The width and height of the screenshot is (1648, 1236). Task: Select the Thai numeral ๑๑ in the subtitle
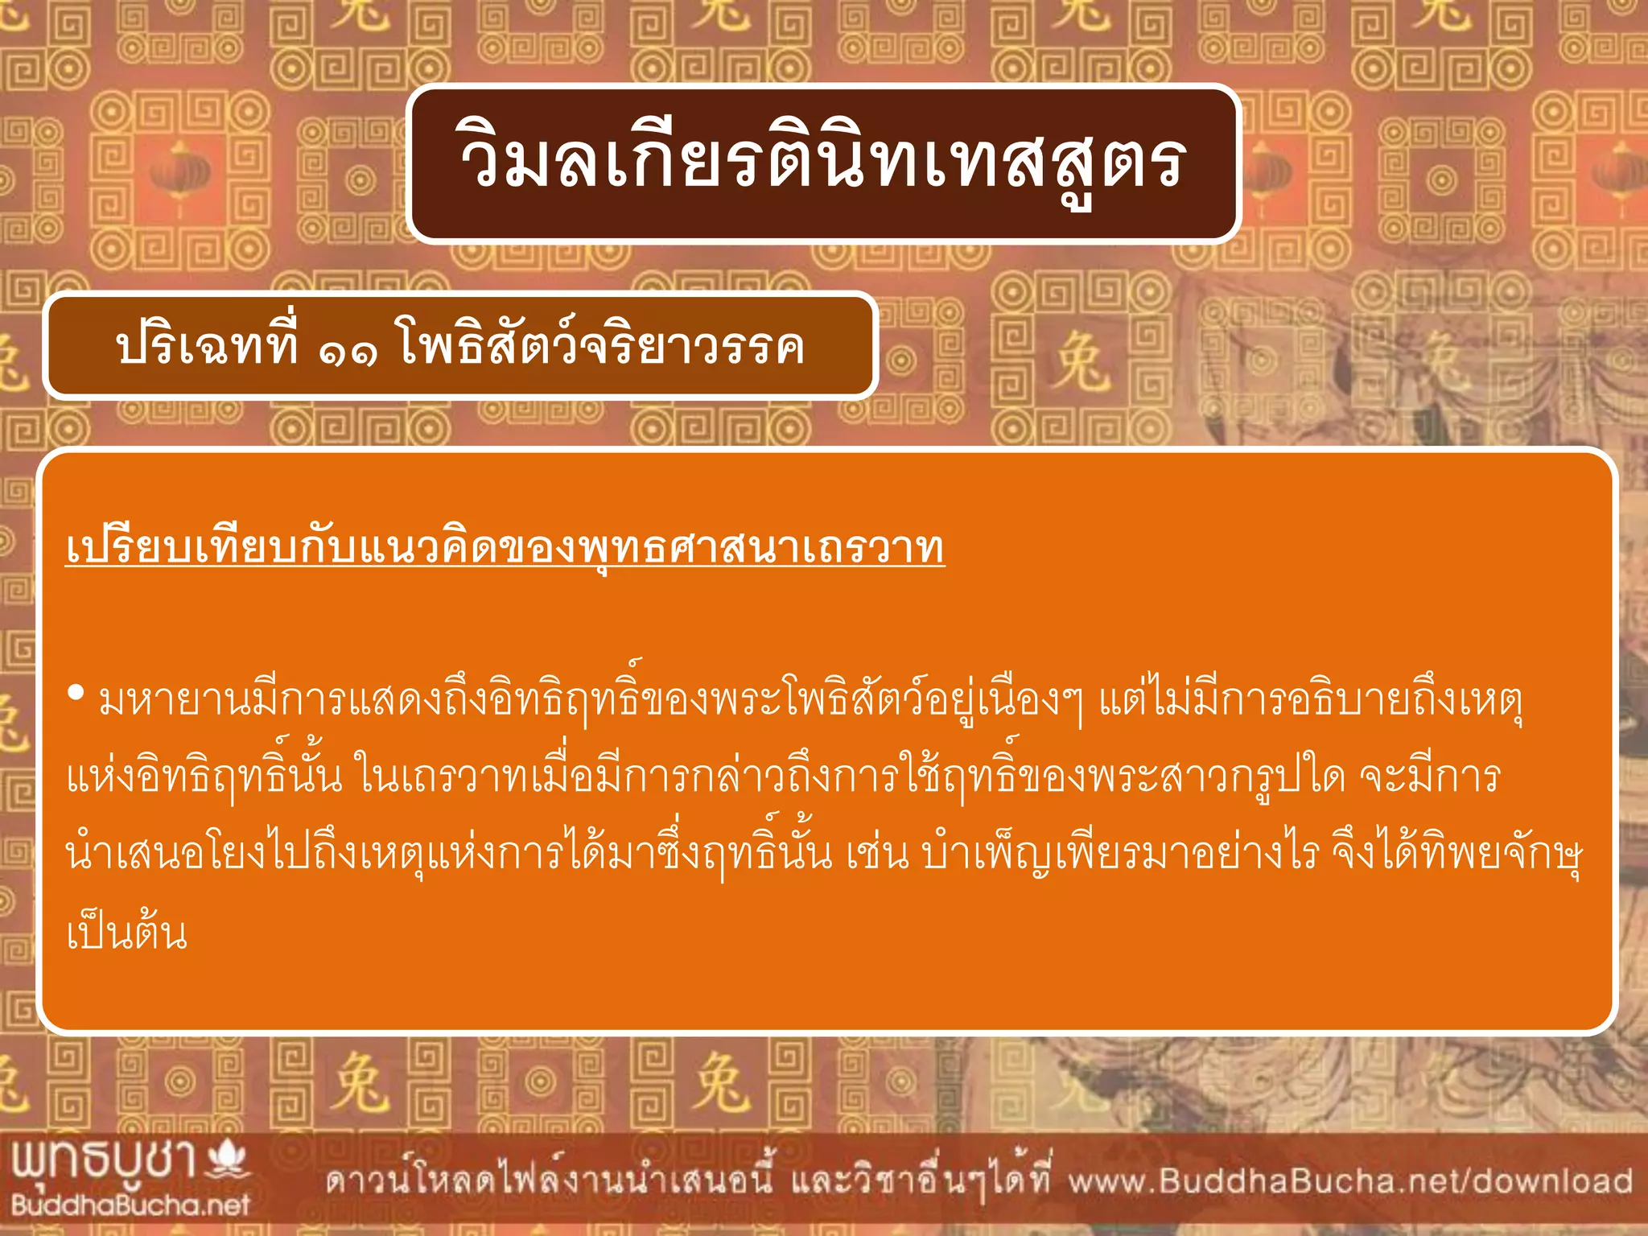[x=348, y=350]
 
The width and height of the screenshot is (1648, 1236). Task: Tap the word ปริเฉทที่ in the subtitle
[x=207, y=347]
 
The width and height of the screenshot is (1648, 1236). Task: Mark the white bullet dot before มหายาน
[x=76, y=693]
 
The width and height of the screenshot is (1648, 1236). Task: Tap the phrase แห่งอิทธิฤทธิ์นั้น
[x=204, y=777]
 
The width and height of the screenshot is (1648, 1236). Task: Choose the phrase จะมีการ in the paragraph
[x=1429, y=777]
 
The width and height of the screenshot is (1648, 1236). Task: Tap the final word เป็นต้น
[x=127, y=933]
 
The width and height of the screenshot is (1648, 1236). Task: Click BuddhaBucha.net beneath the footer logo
[x=130, y=1205]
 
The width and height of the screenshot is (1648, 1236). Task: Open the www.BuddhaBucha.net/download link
[x=1350, y=1181]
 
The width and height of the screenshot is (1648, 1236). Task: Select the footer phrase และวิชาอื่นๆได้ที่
[x=921, y=1181]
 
